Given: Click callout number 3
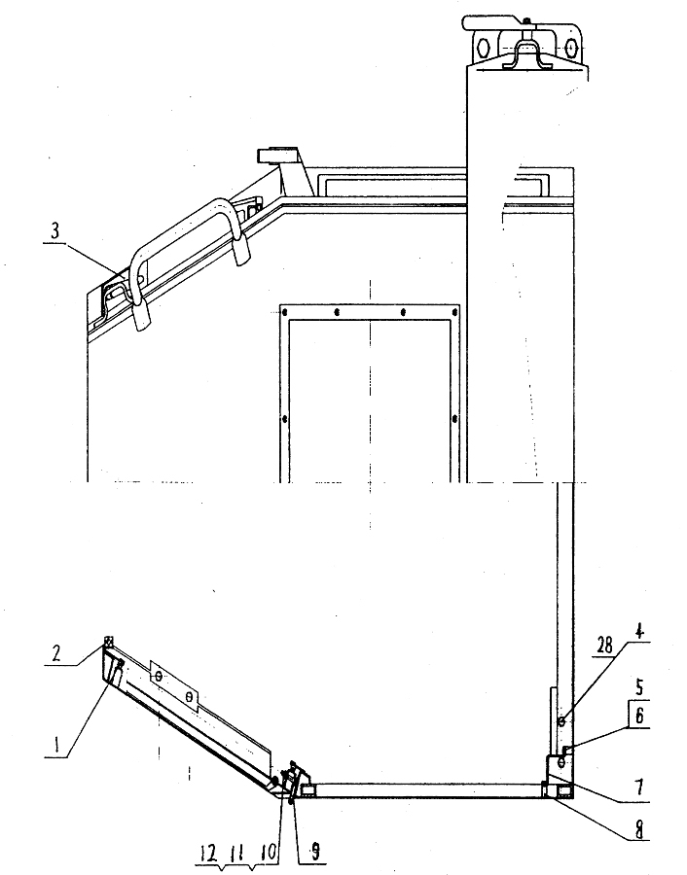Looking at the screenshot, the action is click(54, 231).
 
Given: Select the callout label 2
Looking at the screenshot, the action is click(55, 653).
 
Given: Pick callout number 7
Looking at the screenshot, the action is click(639, 787).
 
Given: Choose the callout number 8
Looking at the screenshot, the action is click(639, 830).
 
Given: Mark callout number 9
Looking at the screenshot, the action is click(315, 851).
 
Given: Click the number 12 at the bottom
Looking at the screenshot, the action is click(209, 854).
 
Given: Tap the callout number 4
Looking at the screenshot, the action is click(639, 633).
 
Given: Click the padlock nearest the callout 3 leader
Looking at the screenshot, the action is click(142, 316).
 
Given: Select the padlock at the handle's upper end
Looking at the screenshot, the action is click(241, 250).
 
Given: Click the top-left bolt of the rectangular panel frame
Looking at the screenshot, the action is click(285, 311).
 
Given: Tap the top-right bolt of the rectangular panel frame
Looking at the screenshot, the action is click(454, 311).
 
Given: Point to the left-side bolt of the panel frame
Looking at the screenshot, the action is click(285, 418).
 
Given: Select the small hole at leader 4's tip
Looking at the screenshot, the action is click(561, 722).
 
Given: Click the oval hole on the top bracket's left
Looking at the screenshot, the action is click(484, 47).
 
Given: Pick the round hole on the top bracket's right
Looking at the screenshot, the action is click(569, 48).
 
